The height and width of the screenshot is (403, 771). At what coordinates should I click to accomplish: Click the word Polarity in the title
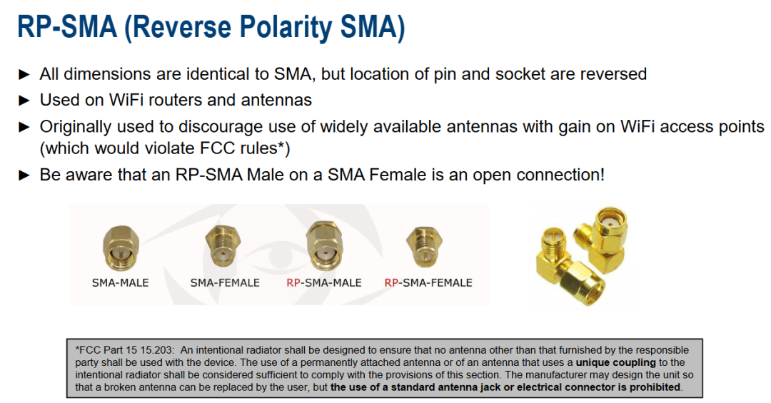tap(276, 28)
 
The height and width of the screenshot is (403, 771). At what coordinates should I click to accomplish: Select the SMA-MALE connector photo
tap(121, 248)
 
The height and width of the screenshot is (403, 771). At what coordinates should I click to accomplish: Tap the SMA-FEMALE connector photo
tap(223, 246)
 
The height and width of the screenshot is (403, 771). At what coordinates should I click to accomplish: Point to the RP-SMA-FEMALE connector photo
tap(424, 247)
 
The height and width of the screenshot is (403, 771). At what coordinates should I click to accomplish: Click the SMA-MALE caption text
tap(121, 283)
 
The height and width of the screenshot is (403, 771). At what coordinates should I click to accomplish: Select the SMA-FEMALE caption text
tap(225, 283)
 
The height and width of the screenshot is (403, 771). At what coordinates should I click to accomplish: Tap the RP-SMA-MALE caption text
tap(323, 283)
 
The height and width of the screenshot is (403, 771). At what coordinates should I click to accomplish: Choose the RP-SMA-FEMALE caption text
tap(428, 283)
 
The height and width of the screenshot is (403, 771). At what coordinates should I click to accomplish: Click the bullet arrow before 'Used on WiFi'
tap(24, 101)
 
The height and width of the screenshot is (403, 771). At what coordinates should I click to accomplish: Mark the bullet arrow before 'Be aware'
tap(24, 175)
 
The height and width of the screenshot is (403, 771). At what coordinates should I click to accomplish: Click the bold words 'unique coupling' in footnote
tap(615, 362)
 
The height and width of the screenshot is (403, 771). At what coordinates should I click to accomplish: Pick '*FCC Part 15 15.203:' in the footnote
tap(124, 350)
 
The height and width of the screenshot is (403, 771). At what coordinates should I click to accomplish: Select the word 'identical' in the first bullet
tap(217, 74)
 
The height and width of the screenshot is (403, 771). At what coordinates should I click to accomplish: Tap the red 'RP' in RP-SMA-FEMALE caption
tap(391, 283)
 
